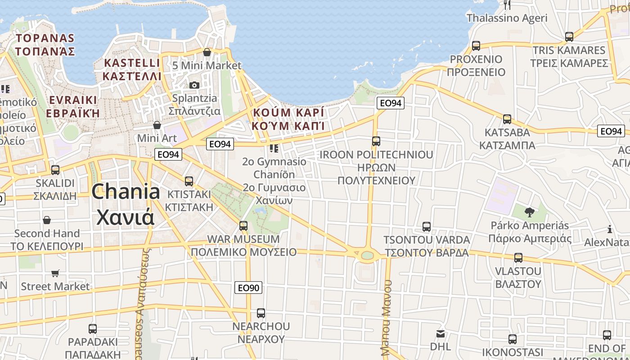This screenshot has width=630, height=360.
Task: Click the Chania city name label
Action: coord(126,204)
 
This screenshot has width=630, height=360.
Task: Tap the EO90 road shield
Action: coord(248,288)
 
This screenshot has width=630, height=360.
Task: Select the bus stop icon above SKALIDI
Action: coord(55,170)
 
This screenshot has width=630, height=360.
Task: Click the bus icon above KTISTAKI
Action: coord(189,181)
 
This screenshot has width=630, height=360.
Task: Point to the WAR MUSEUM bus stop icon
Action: coord(243,226)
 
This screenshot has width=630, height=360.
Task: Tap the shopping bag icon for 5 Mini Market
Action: coord(207,52)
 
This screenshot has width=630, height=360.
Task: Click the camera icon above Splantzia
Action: coord(194,85)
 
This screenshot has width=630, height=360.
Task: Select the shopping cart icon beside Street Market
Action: coord(55,273)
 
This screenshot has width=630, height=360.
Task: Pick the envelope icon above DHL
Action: coord(441,334)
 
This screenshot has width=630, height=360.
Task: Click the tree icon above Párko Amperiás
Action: coord(530,212)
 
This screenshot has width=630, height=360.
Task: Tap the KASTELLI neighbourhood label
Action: coord(132,69)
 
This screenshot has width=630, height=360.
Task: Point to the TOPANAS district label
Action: coord(45,44)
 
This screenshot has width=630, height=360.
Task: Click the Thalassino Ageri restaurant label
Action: coord(507,18)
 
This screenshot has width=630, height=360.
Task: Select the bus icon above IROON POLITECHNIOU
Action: coord(376,141)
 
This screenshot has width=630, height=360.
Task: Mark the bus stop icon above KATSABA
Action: coord(507,119)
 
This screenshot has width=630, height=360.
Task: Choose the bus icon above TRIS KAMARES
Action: coord(569,37)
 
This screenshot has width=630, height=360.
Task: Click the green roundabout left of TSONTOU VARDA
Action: coord(367,255)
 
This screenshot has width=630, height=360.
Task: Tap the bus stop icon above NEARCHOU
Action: coord(261,313)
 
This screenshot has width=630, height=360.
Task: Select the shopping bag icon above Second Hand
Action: coord(47,220)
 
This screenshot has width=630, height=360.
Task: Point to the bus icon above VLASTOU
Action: coord(518,258)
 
